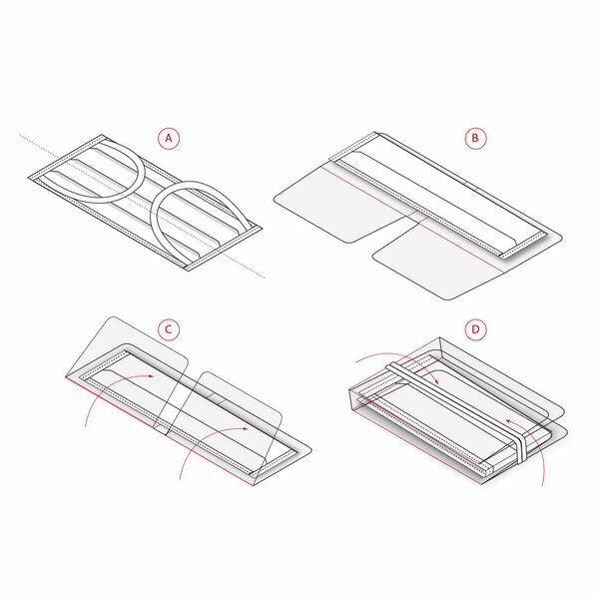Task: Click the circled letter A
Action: (171, 138)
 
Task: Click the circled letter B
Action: (476, 138)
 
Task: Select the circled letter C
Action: (171, 328)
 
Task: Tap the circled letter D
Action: (476, 328)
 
